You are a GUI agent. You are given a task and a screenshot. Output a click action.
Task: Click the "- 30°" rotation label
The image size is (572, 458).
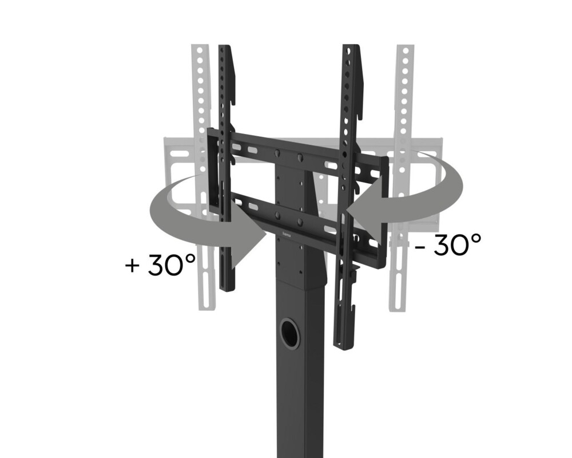pos(448,246)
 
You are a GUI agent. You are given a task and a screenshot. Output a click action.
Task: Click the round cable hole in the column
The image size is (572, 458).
pos(290,335)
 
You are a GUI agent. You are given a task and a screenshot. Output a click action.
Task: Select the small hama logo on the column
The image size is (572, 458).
pos(287,234)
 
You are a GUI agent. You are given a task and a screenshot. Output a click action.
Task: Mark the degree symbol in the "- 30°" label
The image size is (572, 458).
pos(474,238)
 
